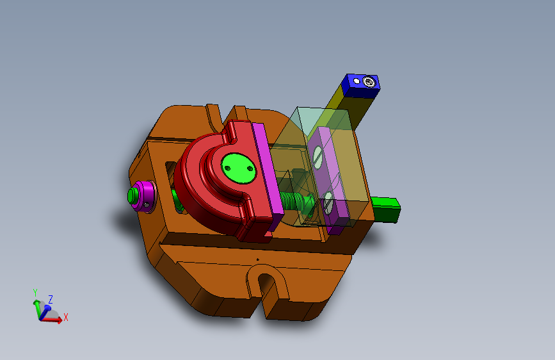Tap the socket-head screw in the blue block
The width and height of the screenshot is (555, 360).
coord(369,81)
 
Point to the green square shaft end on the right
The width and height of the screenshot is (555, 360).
coord(386,209)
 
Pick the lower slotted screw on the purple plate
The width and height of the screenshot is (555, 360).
coord(328,204)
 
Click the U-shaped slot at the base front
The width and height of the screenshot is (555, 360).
coord(264,286)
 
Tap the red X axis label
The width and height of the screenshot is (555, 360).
coord(65,316)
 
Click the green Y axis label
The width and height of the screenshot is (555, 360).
coord(36,292)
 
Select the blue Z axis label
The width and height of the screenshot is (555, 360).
coord(50,299)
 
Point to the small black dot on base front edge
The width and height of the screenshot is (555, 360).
coord(257,259)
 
